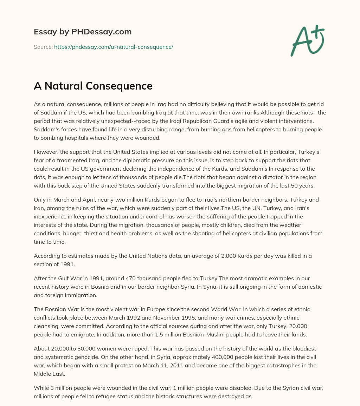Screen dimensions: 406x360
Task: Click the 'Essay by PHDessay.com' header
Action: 83,32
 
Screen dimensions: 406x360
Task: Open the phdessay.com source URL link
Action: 114,47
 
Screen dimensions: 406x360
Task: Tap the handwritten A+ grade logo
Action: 307,40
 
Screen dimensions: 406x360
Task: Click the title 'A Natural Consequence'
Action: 93,86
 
